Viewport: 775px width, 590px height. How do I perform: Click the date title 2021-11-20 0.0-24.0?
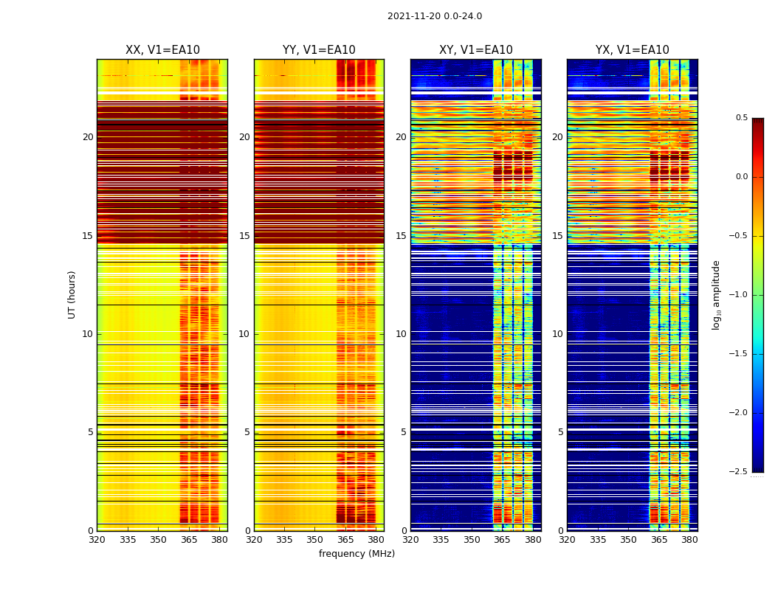(435, 16)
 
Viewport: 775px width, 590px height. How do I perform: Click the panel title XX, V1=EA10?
(162, 50)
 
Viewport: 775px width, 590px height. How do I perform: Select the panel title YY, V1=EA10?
(319, 50)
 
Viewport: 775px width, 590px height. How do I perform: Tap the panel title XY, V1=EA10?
(476, 50)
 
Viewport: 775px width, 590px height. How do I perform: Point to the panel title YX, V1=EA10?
(633, 50)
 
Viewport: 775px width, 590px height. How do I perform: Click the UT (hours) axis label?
(72, 294)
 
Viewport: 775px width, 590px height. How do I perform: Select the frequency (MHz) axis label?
(356, 554)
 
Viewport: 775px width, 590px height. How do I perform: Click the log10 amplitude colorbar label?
(716, 294)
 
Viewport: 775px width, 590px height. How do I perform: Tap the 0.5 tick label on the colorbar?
(741, 118)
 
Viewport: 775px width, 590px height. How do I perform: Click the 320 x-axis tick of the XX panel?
(97, 540)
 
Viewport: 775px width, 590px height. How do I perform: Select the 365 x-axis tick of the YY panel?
(345, 540)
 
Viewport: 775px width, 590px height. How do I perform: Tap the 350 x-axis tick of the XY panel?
(472, 540)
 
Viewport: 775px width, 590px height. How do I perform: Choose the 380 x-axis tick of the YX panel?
(689, 540)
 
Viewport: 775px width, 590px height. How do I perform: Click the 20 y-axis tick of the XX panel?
(88, 137)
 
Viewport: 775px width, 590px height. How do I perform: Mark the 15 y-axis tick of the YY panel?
(244, 236)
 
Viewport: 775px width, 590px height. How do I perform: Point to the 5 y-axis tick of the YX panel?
(560, 432)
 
